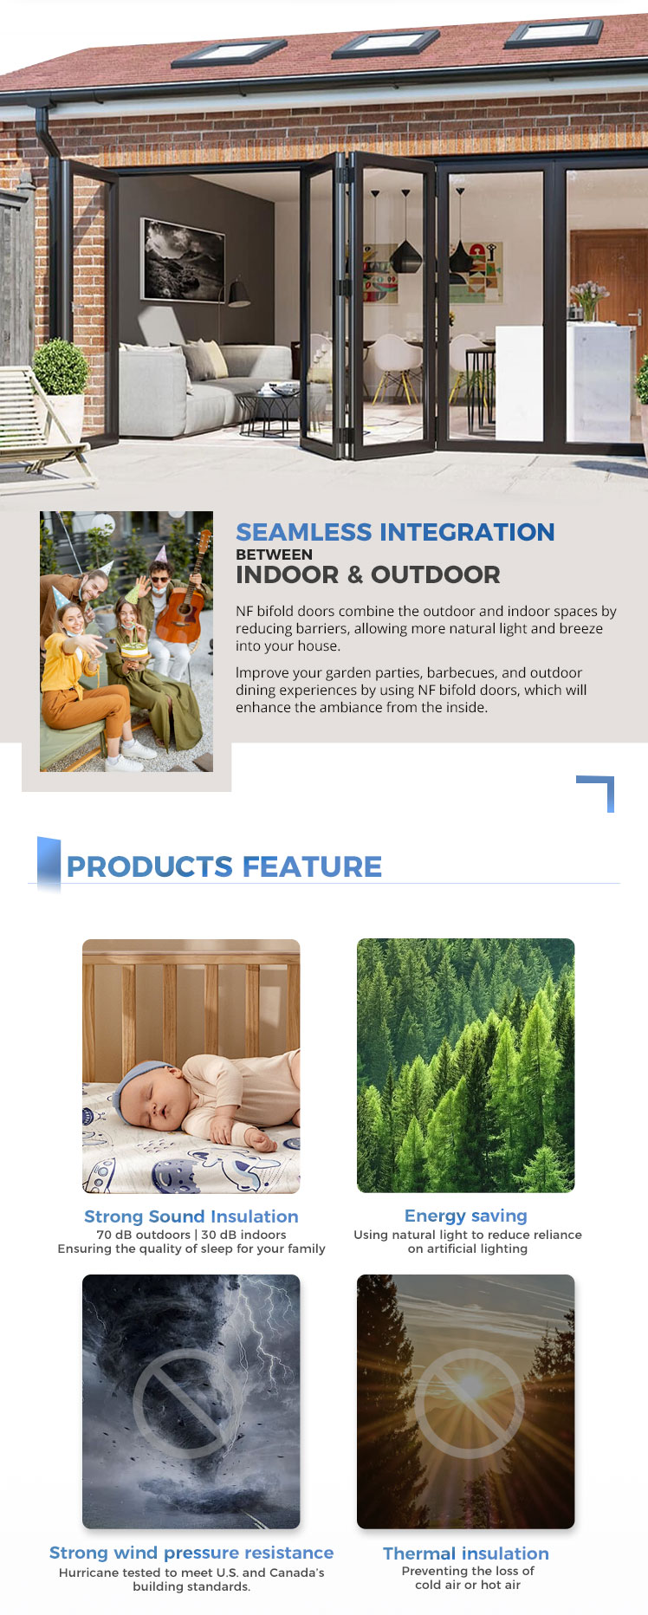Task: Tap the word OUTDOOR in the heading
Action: (436, 574)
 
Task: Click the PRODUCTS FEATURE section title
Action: (224, 866)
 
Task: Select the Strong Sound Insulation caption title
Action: (191, 1216)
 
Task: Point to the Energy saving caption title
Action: (466, 1216)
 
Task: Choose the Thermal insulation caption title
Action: (466, 1553)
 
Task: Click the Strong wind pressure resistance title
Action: (191, 1553)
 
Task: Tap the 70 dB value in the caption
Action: (115, 1235)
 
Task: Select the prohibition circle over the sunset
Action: (469, 1404)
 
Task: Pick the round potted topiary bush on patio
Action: (61, 366)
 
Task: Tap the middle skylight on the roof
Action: (386, 41)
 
